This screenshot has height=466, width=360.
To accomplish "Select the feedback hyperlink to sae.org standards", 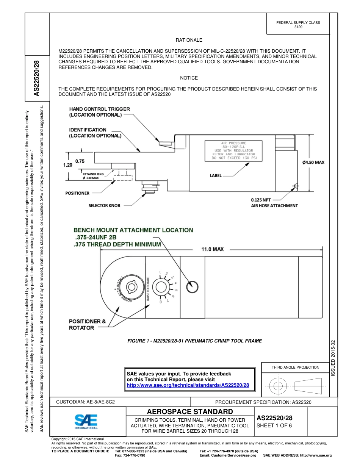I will tap(188, 385).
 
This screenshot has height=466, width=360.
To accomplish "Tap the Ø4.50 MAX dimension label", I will tap(313, 163).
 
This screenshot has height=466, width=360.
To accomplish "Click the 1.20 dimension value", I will tap(67, 165).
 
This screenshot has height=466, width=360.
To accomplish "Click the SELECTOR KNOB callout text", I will tap(104, 205).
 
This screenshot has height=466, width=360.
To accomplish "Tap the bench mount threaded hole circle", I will tap(193, 286).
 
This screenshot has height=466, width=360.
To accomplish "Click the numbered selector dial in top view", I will tap(163, 287).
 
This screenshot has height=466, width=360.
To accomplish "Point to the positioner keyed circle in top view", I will tap(132, 287).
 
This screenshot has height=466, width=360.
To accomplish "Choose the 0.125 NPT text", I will tap(261, 200).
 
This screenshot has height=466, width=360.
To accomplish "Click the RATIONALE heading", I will tap(189, 40).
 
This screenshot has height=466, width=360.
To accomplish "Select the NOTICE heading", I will tap(189, 78).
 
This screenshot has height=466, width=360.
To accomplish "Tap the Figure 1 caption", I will tap(194, 341).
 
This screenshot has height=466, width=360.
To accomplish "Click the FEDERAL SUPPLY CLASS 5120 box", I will tap(298, 25).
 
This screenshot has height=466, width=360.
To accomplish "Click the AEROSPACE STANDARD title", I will tap(190, 412).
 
